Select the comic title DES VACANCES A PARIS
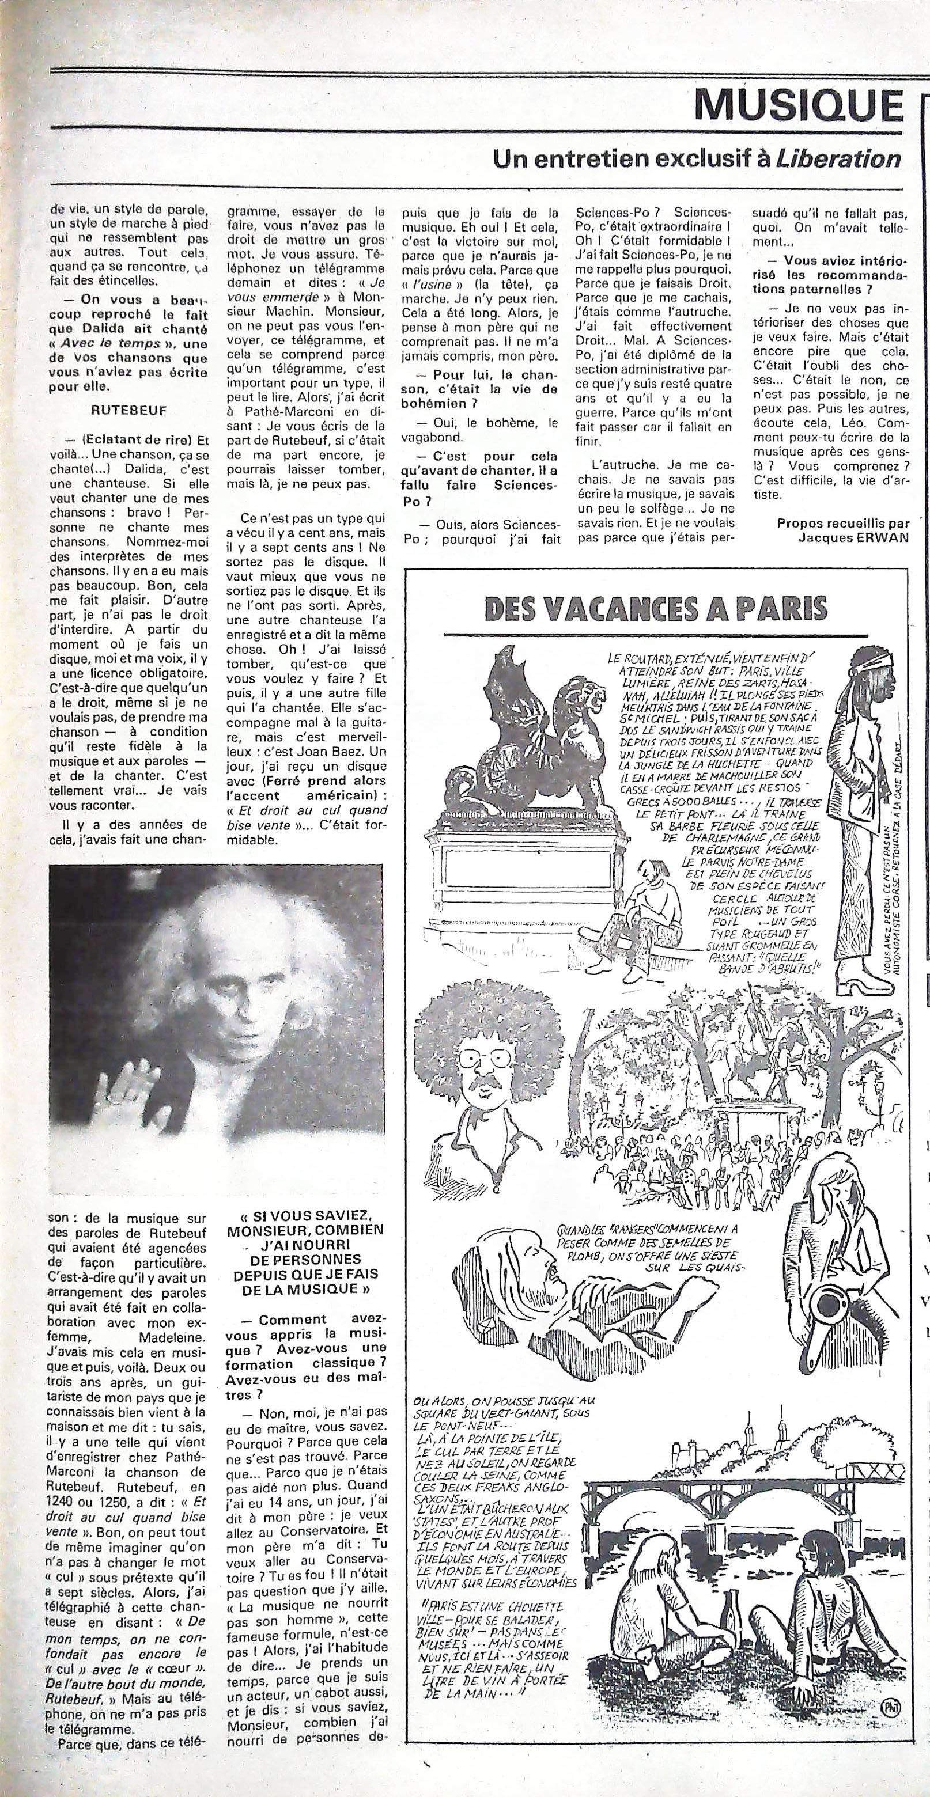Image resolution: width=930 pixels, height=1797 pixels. (656, 607)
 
